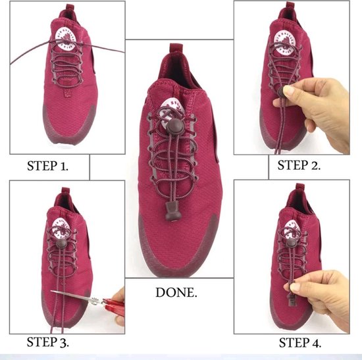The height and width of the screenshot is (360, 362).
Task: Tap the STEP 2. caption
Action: (299, 165)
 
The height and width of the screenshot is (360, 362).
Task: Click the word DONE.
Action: (176, 292)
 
